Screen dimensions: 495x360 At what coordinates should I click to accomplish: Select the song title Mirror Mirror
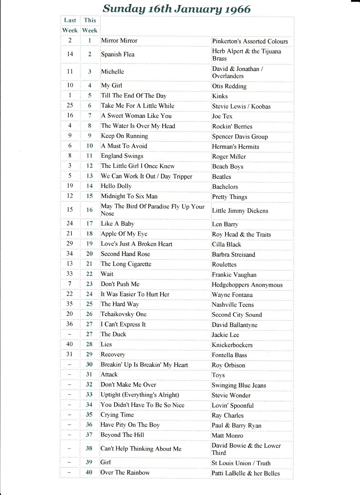(119, 41)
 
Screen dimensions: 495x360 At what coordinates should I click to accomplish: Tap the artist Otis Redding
(229, 86)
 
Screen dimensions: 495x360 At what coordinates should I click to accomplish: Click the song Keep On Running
(125, 136)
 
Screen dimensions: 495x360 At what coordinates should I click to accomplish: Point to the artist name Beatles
(222, 177)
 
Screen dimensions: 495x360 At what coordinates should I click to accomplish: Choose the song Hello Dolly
(116, 186)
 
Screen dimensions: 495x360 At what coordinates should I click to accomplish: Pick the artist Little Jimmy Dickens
(240, 211)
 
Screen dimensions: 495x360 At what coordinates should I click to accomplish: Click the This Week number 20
(90, 254)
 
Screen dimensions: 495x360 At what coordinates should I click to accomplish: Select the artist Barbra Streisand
(234, 255)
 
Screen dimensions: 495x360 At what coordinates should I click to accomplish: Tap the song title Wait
(107, 274)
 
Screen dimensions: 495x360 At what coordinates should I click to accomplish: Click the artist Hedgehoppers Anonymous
(247, 285)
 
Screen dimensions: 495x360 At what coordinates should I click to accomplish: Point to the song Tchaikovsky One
(124, 314)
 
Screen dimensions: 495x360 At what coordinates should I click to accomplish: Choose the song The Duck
(114, 334)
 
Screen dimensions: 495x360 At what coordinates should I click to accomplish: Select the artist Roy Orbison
(228, 365)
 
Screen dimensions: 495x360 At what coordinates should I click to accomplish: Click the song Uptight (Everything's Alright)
(140, 395)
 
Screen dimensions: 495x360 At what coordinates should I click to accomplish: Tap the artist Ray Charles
(228, 415)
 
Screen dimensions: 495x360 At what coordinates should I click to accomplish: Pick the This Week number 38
(89, 448)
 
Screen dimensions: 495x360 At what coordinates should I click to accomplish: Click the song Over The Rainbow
(125, 472)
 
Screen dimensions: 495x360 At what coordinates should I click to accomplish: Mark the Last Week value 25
(70, 105)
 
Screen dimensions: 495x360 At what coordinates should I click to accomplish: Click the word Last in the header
(70, 20)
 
